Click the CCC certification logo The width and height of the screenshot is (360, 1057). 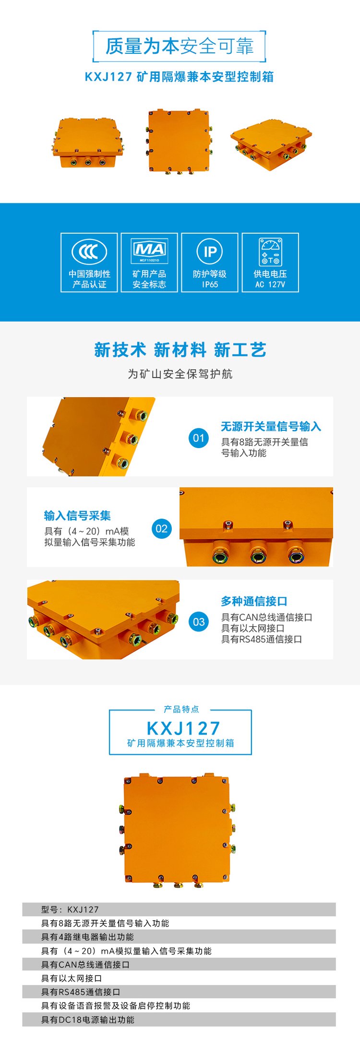89,251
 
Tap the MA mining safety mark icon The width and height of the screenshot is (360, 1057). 149,251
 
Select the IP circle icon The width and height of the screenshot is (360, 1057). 210,251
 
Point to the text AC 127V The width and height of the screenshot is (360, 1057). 270,285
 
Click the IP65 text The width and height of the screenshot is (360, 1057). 210,285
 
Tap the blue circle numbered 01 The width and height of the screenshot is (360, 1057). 199,438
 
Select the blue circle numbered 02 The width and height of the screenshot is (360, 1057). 161,529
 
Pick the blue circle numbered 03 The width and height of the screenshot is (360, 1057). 199,622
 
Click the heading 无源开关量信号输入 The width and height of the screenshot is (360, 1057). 271,426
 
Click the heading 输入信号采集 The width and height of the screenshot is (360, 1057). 77,515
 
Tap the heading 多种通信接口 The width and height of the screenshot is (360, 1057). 254,601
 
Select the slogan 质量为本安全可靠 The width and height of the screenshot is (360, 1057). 179,46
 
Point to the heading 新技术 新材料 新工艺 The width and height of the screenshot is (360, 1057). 180,350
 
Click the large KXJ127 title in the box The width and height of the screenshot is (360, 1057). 183,728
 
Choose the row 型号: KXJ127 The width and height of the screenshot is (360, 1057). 70,909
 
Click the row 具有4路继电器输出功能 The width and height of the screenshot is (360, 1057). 87,937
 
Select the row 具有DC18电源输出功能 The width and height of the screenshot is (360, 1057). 88,1020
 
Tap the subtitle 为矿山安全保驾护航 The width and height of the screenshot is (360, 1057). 180,374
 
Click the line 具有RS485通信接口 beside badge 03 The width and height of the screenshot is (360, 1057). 261,639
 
